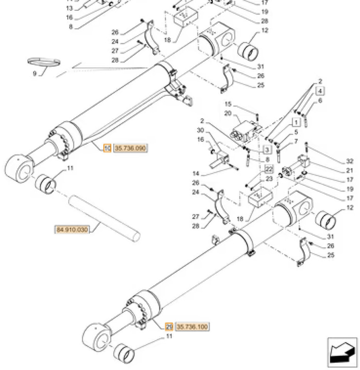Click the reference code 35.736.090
point(130,148)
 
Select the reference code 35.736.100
point(192,327)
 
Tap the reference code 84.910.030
point(72,230)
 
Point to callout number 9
point(34,74)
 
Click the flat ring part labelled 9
point(44,62)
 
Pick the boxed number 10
point(108,148)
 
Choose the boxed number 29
point(169,327)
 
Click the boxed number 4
point(321,91)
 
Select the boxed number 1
point(295,123)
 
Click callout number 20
point(227,113)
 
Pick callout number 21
point(349,170)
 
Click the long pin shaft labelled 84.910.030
point(104,218)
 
